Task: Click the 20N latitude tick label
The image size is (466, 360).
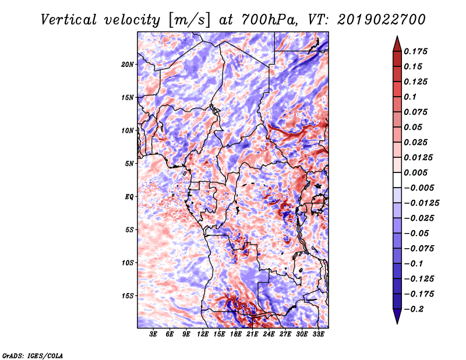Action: [128, 65]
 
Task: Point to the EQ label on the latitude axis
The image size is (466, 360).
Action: [129, 197]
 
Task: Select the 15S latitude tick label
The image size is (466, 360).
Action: [128, 296]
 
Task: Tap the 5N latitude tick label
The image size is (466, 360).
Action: [129, 164]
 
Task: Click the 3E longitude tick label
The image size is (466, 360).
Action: [153, 334]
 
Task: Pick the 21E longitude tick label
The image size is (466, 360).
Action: [252, 334]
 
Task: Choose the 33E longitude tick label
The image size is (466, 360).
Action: [318, 334]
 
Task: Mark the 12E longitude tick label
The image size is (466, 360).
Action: [203, 334]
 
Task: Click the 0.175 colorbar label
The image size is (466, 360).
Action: [415, 51]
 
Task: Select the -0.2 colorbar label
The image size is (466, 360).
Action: [414, 309]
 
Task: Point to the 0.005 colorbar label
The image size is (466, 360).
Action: [415, 172]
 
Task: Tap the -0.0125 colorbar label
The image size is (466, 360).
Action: [421, 203]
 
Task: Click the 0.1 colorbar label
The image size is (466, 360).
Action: [410, 97]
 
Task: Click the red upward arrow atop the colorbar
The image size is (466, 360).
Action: [397, 44]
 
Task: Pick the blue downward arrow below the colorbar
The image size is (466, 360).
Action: [397, 316]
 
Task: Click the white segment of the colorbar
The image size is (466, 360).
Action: [397, 180]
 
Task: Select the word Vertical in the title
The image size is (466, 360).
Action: [69, 20]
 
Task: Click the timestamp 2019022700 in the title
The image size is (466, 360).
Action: [381, 20]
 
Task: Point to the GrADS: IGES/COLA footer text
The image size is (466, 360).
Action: [33, 356]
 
